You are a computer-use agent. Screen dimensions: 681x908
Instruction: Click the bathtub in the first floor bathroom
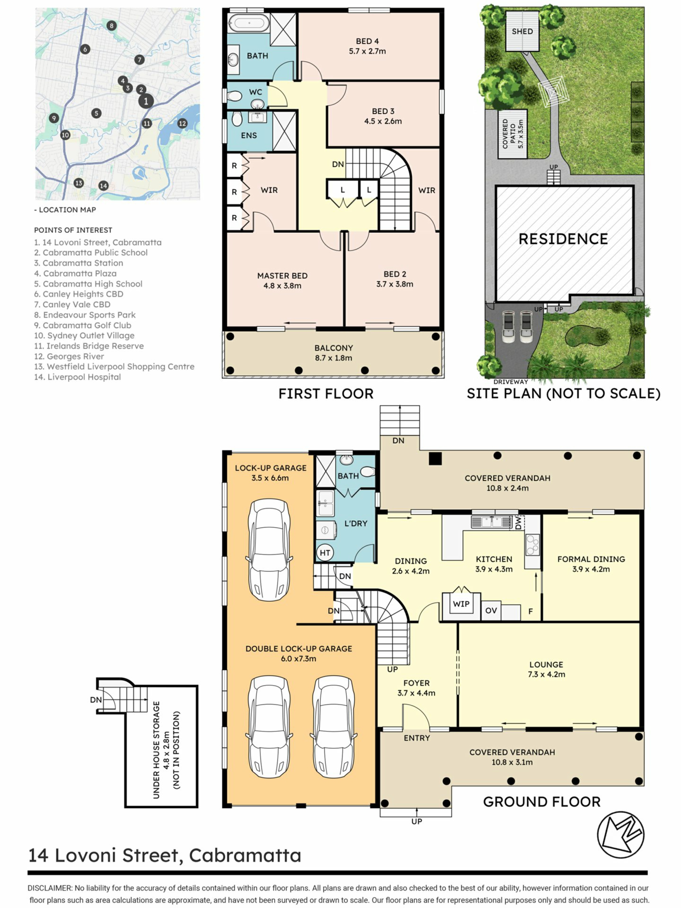tap(249, 23)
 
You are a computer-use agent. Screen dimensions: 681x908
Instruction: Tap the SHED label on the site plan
tap(522, 31)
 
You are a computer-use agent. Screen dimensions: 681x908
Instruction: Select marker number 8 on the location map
tap(111, 26)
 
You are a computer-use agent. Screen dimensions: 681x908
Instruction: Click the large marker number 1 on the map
tap(146, 101)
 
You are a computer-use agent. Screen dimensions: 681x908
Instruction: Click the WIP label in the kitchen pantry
tap(461, 604)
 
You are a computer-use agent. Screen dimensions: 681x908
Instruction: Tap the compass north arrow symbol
tap(620, 834)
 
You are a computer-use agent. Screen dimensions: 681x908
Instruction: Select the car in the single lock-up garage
tap(269, 550)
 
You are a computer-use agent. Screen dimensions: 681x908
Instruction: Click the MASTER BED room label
tap(282, 276)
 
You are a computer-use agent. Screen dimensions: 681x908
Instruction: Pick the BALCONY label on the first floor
tap(334, 348)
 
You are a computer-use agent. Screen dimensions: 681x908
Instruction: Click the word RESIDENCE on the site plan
tap(563, 239)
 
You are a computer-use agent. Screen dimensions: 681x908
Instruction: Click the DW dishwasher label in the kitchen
tap(518, 522)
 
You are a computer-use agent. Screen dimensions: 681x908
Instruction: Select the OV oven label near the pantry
tap(491, 610)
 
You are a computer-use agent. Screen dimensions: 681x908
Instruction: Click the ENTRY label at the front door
tap(417, 738)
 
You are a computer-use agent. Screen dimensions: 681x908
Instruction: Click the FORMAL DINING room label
tap(591, 559)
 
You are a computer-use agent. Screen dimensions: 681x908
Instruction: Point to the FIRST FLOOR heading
tap(326, 394)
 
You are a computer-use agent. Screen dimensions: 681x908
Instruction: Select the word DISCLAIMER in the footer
tap(50, 888)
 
